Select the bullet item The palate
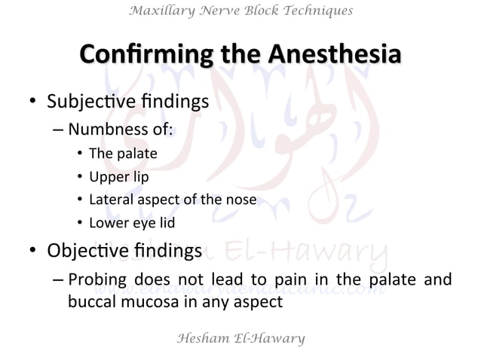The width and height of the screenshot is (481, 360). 122,154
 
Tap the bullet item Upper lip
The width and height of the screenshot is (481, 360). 118,177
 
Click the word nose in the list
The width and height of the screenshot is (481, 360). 243,200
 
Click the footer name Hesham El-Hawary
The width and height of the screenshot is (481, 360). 240,338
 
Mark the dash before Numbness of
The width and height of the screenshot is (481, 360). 58,129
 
